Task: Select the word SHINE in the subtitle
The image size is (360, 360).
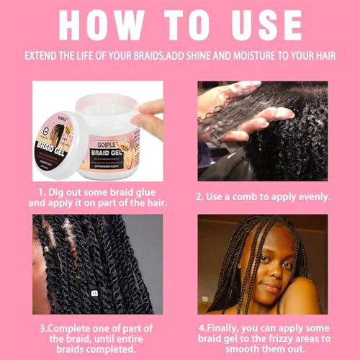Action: point(217,56)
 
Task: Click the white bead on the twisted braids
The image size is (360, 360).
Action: point(93,293)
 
